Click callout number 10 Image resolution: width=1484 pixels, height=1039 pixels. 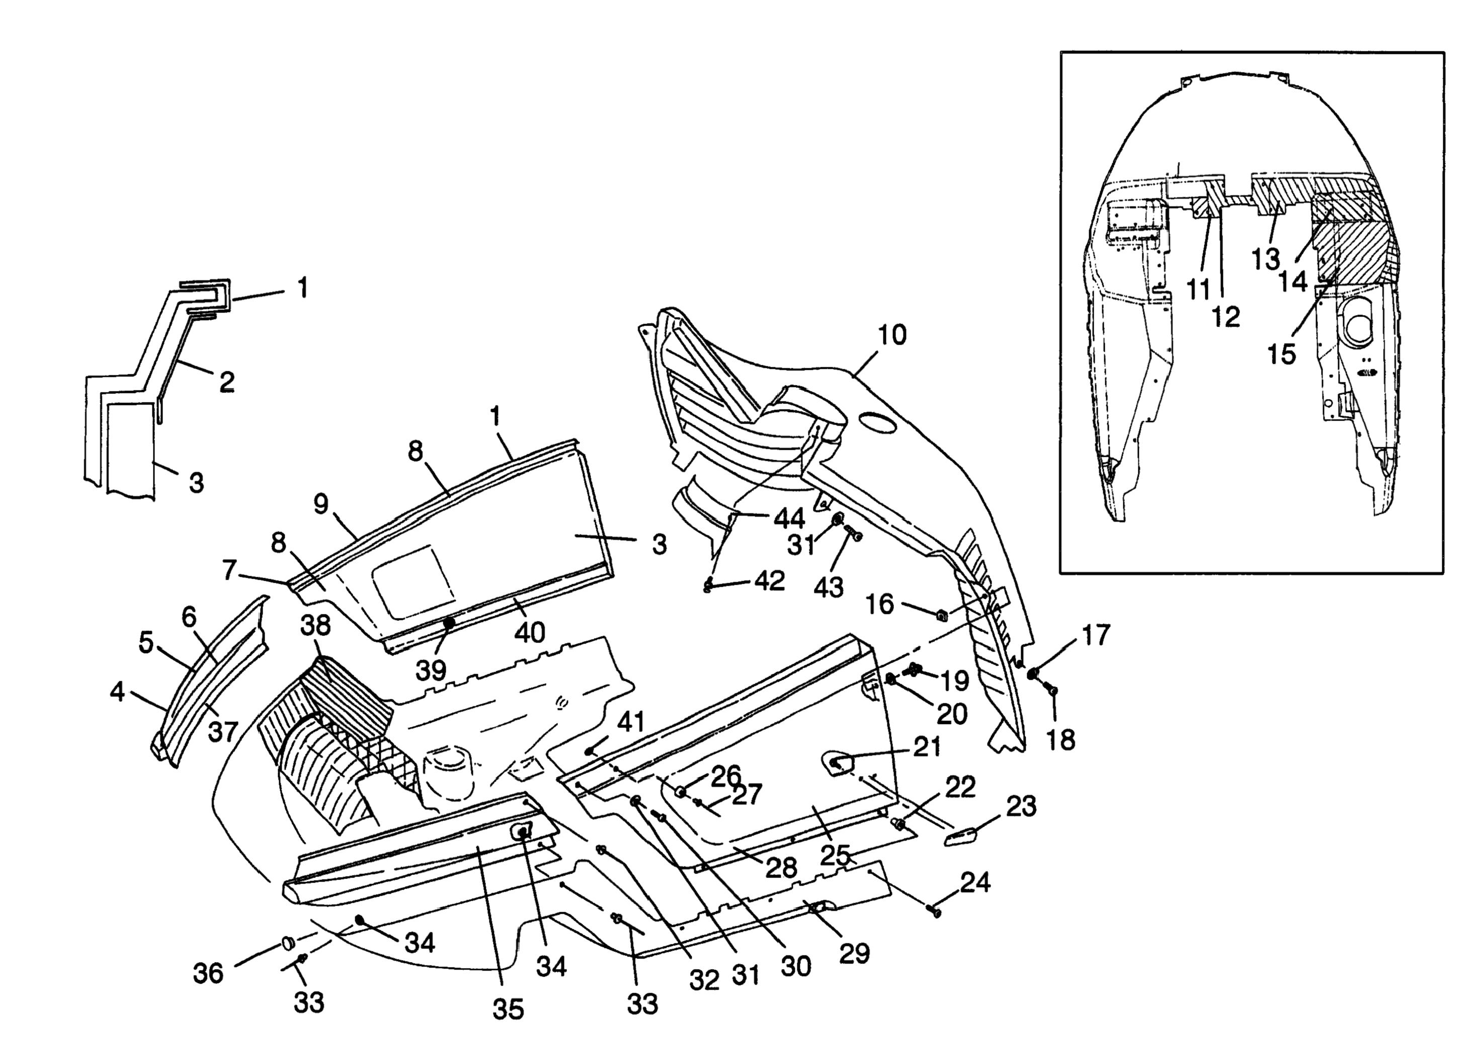[892, 335]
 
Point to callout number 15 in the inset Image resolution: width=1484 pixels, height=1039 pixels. [1282, 354]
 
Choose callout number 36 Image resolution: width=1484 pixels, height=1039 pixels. [208, 973]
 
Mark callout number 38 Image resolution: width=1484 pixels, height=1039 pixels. [315, 625]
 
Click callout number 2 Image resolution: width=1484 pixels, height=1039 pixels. [226, 382]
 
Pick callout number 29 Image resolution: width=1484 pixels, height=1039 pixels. [855, 953]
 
